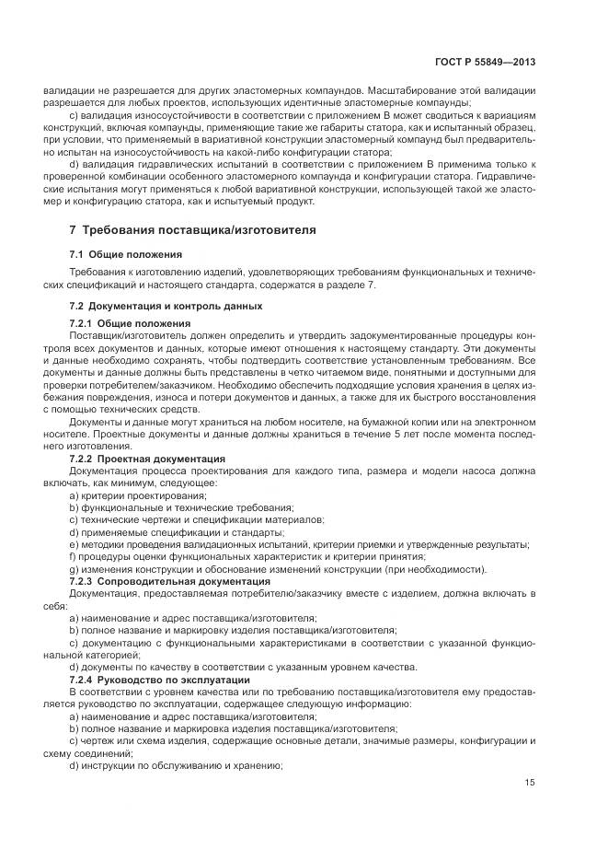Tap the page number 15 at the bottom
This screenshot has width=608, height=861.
pyautogui.click(x=530, y=783)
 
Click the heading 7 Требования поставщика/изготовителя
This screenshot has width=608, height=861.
pyautogui.click(x=192, y=229)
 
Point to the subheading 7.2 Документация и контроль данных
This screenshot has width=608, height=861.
pyautogui.click(x=166, y=305)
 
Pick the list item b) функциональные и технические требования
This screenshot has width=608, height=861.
pyautogui.click(x=181, y=507)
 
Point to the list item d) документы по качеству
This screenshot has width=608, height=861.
pyautogui.click(x=243, y=667)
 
